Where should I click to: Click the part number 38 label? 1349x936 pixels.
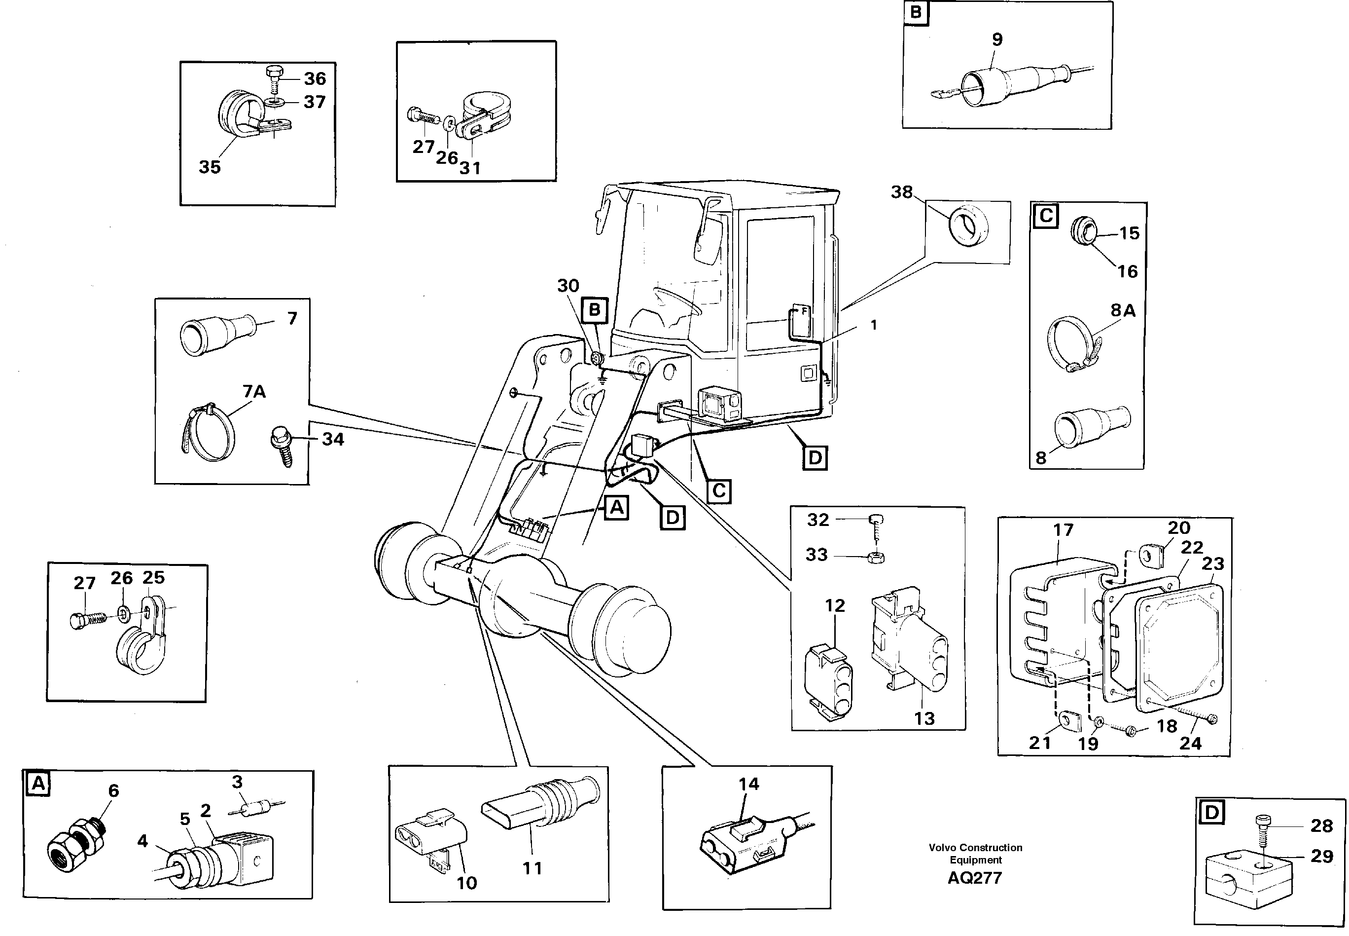(x=901, y=192)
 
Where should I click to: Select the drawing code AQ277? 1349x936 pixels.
(x=975, y=878)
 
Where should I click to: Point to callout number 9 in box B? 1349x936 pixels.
(x=997, y=39)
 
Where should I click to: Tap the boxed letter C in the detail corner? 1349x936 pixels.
(x=1046, y=216)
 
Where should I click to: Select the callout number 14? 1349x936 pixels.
(x=748, y=784)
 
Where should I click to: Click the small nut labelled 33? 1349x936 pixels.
(x=877, y=556)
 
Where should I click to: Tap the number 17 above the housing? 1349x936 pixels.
(x=1063, y=529)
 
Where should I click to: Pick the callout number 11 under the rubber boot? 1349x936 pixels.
(x=532, y=868)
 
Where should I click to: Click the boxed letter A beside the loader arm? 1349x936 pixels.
(x=616, y=507)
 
